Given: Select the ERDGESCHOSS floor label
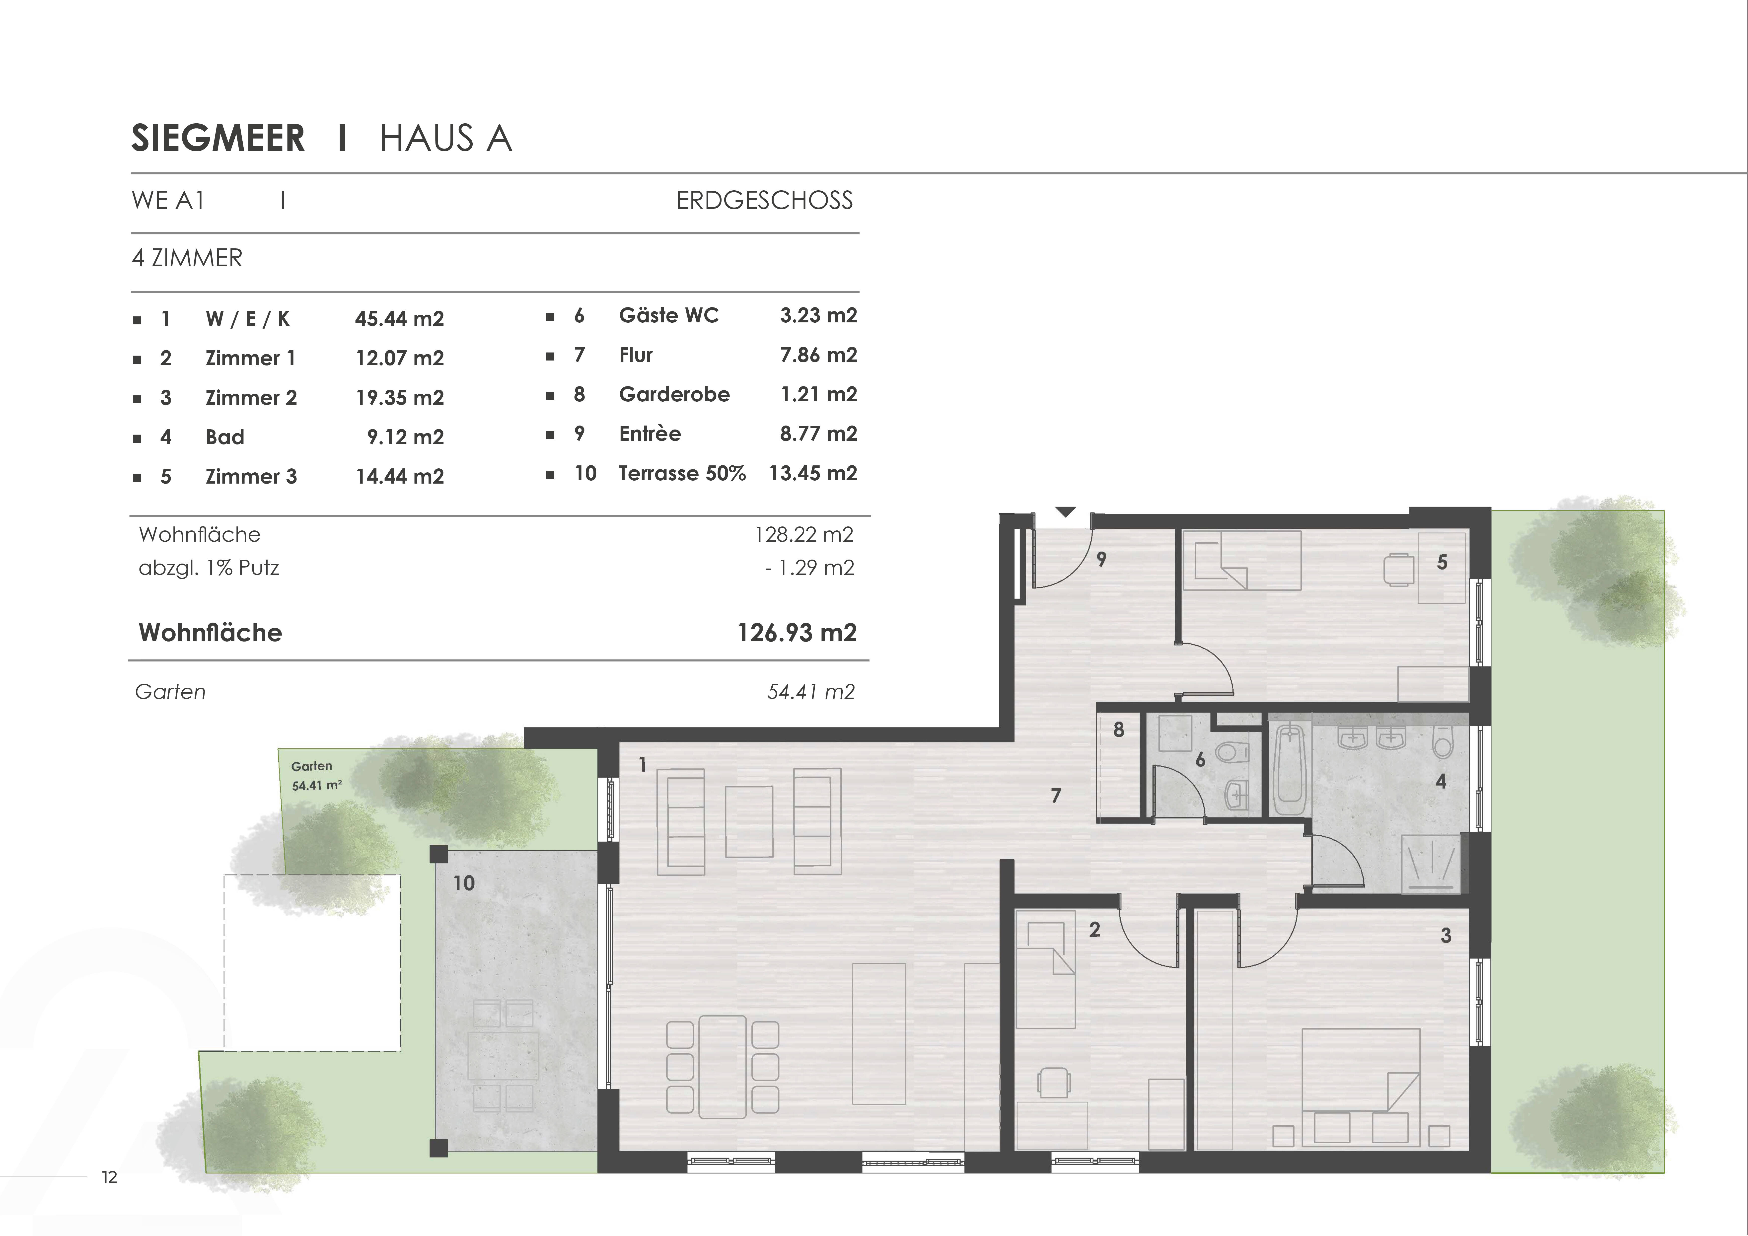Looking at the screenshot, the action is [x=764, y=200].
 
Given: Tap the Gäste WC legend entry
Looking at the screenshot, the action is [x=668, y=315].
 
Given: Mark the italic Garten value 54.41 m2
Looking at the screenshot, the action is [x=811, y=691].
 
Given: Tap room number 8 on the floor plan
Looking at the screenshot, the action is [x=1118, y=729].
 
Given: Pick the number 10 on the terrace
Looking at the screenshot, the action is [x=464, y=883].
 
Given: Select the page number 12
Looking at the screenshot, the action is [x=110, y=1177].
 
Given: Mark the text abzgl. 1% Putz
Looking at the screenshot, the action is [x=209, y=568].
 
